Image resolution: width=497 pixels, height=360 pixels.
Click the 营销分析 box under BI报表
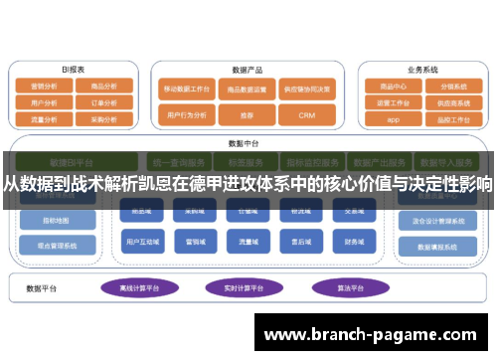click(x=43, y=87)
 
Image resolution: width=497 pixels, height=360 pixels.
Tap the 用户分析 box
click(x=43, y=101)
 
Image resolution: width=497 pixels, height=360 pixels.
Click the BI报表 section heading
click(x=73, y=71)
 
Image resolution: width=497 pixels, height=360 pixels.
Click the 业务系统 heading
click(x=422, y=71)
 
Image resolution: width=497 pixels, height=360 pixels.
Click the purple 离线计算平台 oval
click(x=139, y=287)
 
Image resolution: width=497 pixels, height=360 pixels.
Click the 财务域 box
click(x=356, y=240)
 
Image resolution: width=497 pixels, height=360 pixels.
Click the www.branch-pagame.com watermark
click(x=375, y=334)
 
